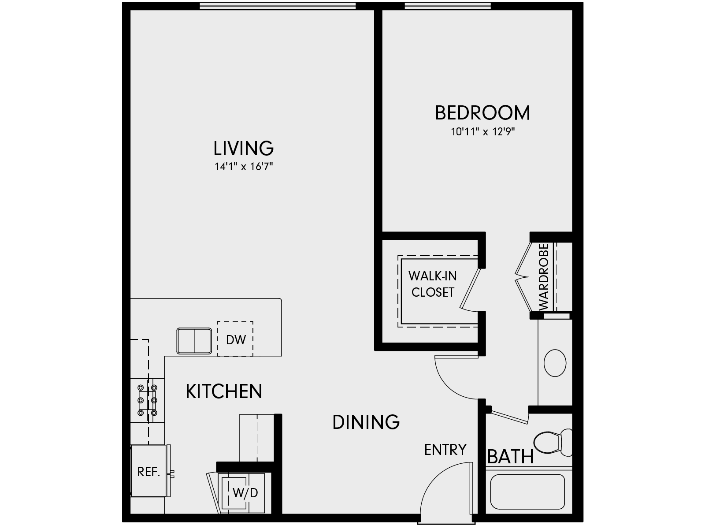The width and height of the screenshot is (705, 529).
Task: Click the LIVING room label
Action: (243, 149)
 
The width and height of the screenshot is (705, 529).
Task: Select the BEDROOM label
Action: (482, 113)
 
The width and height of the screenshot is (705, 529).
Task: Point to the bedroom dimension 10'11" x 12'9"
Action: (482, 131)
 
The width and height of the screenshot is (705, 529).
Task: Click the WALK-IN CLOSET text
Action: (433, 284)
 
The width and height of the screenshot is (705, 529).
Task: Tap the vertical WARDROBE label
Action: (543, 277)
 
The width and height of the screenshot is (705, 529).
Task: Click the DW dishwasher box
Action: (235, 339)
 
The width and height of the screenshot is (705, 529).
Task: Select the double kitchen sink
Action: (194, 340)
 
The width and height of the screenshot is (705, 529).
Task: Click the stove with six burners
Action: (148, 400)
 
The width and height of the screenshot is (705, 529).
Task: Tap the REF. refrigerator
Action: (149, 471)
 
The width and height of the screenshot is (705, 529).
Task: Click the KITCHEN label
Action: (224, 391)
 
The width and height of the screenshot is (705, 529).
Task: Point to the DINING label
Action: (366, 422)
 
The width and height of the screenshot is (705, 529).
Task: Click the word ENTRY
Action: (445, 450)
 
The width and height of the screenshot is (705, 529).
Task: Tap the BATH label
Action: (510, 457)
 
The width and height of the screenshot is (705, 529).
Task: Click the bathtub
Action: (527, 492)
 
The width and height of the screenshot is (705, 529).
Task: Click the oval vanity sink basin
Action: (555, 362)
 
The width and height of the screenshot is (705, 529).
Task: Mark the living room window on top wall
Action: (278, 6)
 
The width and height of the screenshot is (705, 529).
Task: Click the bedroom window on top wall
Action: (447, 6)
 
